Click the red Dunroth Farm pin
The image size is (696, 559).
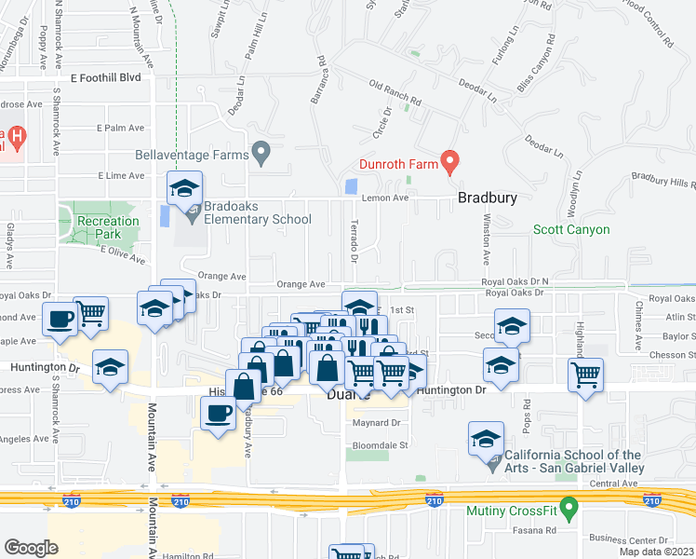tap(449, 162)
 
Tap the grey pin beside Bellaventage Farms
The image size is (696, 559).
tap(261, 152)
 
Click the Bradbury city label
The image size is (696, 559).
tap(487, 198)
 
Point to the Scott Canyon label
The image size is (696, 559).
tap(571, 229)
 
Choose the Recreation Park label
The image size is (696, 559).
tap(108, 227)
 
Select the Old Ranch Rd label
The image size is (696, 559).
tap(395, 91)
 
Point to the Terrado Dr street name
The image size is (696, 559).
tap(354, 241)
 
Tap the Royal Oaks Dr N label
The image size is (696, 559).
tap(515, 281)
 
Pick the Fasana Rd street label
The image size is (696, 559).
tap(538, 531)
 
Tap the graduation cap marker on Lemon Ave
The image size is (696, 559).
tap(184, 190)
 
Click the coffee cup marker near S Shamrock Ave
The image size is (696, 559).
tap(60, 320)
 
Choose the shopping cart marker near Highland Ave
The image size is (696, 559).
tap(585, 375)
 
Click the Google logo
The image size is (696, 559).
tap(31, 548)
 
